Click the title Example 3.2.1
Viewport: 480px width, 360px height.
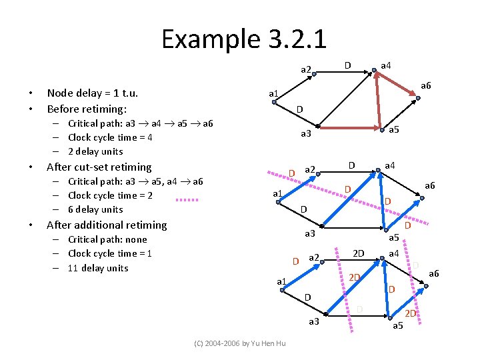pos(243,39)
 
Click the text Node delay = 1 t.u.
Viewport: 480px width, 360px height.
pos(92,94)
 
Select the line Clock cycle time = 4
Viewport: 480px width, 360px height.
pos(110,137)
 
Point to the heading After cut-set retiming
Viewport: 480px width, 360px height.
pos(99,167)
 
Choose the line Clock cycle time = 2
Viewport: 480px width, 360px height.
pos(110,195)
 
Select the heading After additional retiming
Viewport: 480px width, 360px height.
pos(107,225)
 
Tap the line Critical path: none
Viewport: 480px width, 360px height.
pos(107,239)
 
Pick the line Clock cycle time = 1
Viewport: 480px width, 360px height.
pos(110,253)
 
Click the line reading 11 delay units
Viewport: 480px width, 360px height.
pos(98,268)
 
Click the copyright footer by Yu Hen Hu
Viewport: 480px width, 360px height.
pos(239,343)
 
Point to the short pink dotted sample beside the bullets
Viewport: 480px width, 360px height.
pos(187,199)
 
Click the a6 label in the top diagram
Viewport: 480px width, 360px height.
pos(425,85)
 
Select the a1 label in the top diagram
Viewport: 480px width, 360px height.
pos(274,93)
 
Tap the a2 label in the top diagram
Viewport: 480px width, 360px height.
pos(306,69)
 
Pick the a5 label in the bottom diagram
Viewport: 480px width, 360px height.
pos(398,325)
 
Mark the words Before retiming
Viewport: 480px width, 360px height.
pos(87,109)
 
